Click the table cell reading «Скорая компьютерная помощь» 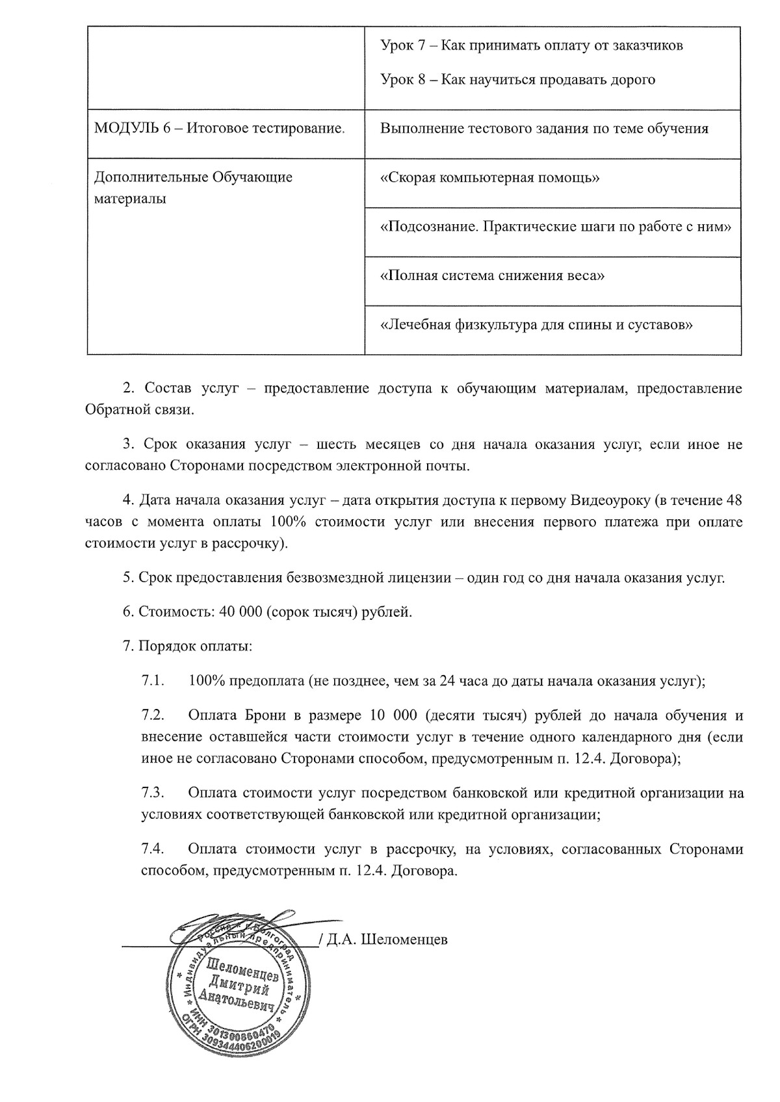(x=489, y=178)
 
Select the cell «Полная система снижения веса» (x=492, y=275)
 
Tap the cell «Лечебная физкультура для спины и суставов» (x=536, y=324)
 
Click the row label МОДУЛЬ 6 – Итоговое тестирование (x=220, y=129)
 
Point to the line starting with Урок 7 (x=531, y=46)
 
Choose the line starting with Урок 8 (x=517, y=80)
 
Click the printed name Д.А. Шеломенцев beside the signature (x=387, y=940)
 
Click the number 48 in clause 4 (x=733, y=501)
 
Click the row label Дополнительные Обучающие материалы (x=193, y=187)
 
